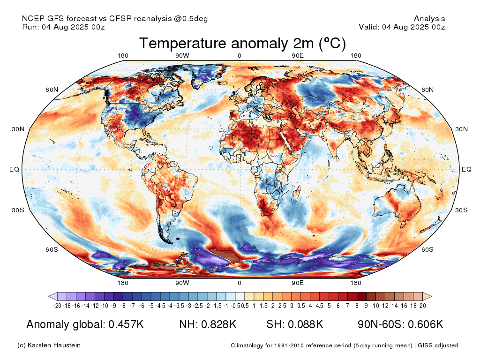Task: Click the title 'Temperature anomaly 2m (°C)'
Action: point(242,43)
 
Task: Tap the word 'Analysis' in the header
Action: point(429,19)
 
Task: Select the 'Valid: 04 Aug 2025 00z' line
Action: point(402,27)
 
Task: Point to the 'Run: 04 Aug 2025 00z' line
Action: point(63,27)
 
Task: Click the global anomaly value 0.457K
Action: point(126,324)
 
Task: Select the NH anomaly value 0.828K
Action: point(218,324)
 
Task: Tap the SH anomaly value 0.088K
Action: point(305,324)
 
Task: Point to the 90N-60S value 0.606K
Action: point(426,324)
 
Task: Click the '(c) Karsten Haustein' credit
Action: point(49,345)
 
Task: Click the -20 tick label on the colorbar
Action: point(57,306)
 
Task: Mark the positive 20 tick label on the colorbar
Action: point(423,306)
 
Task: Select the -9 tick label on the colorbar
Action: point(113,306)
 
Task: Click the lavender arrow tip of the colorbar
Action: point(49,296)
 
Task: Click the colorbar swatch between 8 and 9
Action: point(362,296)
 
